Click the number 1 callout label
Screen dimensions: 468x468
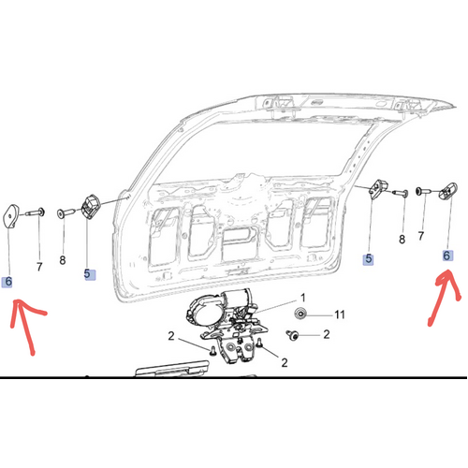coord(302,298)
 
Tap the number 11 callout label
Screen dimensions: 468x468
coord(340,314)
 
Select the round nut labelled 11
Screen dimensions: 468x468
coord(300,313)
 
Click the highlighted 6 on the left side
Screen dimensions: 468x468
coord(7,282)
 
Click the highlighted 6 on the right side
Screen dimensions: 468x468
coord(447,256)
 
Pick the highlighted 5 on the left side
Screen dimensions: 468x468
coord(90,274)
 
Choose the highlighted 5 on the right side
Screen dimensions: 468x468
coord(368,259)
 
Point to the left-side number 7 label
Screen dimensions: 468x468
coord(39,267)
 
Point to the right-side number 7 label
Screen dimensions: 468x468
coord(421,236)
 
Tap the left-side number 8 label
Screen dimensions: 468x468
coord(63,260)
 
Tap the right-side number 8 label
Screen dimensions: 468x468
coord(402,240)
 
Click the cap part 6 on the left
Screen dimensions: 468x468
coord(11,216)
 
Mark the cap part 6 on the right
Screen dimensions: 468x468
coord(448,190)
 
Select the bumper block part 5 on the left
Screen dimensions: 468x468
coord(90,206)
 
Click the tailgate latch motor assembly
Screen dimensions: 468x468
coord(227,325)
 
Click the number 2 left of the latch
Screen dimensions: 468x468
coord(171,336)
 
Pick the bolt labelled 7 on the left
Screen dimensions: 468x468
coord(36,213)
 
